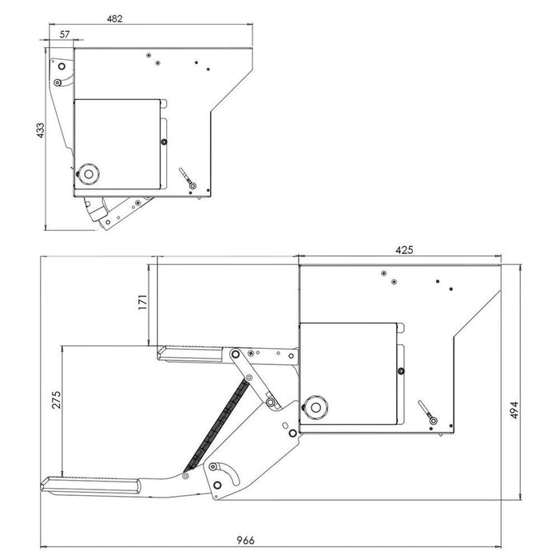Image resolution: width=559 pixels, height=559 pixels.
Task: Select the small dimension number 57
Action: [65, 35]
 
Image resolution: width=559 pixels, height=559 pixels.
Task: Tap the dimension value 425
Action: [404, 250]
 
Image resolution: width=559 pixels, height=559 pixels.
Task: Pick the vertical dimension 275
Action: [55, 402]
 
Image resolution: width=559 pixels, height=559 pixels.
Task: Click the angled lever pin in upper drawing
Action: [187, 177]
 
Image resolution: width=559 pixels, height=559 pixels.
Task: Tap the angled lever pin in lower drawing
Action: [426, 414]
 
